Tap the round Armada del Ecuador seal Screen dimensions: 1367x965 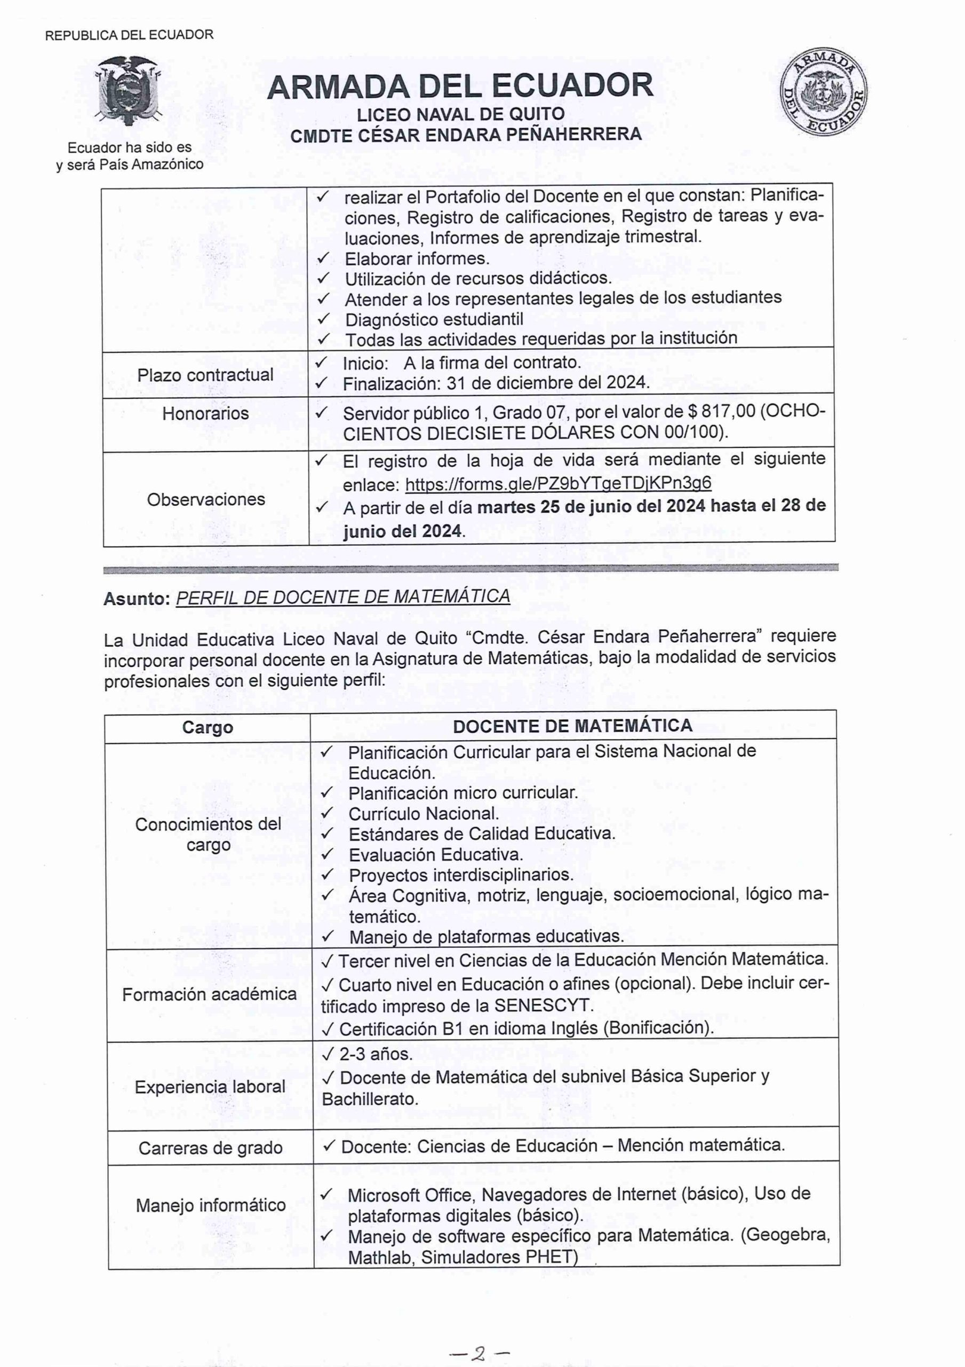pos(824,92)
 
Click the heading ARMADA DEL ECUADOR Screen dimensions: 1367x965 pos(460,86)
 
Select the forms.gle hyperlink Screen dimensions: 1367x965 pos(558,483)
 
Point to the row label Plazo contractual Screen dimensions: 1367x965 pos(205,375)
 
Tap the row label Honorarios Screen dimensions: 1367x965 pos(205,413)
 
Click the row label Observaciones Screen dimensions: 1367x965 pos(206,499)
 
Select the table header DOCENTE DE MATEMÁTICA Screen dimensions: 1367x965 pos(572,726)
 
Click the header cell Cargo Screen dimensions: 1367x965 pos(208,728)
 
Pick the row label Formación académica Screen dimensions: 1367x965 pos(210,994)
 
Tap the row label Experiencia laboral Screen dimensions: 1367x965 pos(210,1087)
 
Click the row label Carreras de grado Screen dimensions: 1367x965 pos(210,1148)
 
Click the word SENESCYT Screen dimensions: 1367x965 pos(543,1005)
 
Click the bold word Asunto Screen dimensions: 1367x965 pos(136,599)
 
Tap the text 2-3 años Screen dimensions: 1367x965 pos(376,1054)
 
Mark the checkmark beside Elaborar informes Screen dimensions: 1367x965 pos(323,258)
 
